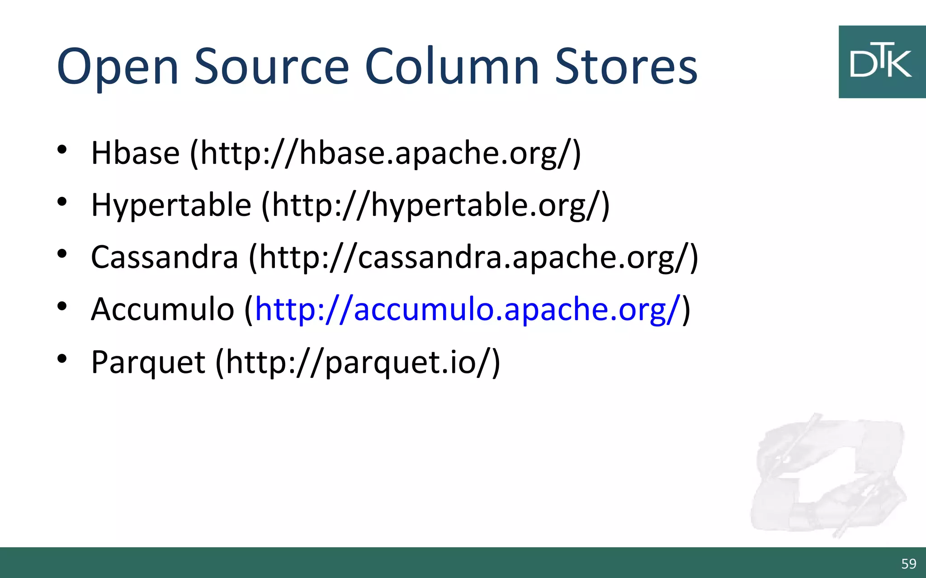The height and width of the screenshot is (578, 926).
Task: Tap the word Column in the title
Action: (451, 67)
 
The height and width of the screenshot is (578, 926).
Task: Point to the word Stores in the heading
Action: (626, 67)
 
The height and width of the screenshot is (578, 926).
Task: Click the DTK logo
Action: (882, 62)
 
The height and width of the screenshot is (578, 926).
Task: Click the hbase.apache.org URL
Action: (385, 154)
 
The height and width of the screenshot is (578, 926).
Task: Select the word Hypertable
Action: (171, 205)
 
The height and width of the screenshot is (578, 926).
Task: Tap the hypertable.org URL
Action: (435, 206)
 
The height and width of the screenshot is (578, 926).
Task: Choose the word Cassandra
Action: (165, 257)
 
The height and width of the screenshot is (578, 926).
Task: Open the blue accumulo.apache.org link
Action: (468, 310)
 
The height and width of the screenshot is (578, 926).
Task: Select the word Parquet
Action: (148, 362)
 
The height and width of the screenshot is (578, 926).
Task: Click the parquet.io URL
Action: (358, 362)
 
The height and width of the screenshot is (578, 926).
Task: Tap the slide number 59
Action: (908, 564)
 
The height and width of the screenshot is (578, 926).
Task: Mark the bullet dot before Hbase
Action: (62, 150)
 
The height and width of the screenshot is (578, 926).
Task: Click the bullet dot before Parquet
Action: (62, 359)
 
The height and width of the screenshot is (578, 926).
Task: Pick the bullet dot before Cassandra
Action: (62, 254)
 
